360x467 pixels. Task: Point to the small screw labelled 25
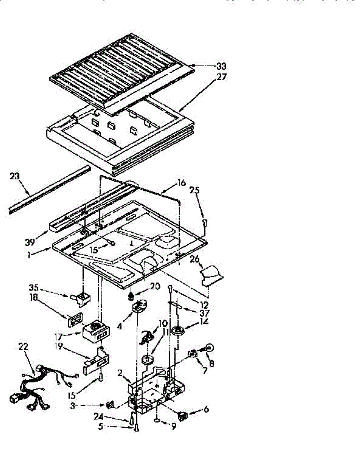pos(205,222)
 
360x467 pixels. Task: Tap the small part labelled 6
pos(182,415)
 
